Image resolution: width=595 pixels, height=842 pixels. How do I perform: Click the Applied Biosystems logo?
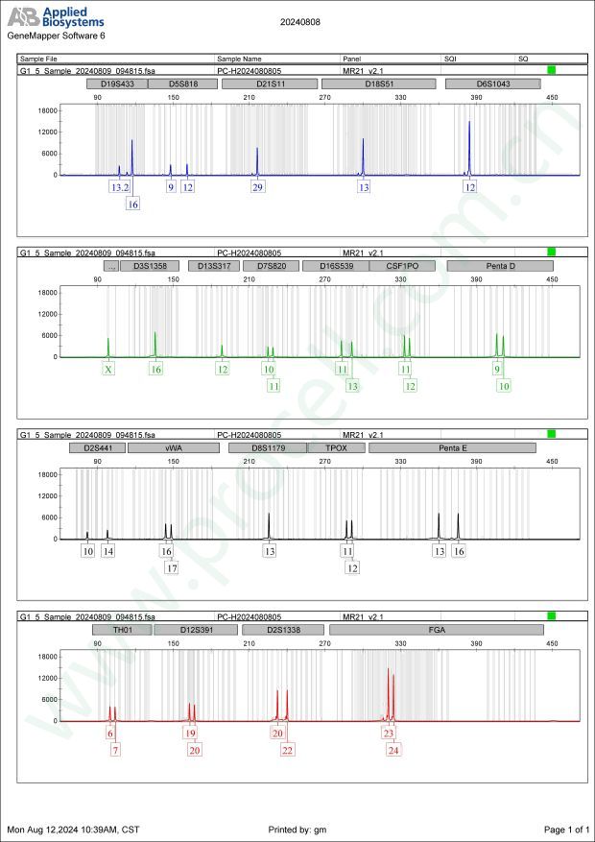(x=58, y=17)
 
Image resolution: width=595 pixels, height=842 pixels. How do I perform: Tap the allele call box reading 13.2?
(x=119, y=187)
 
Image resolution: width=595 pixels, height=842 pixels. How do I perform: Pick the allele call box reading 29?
(x=257, y=187)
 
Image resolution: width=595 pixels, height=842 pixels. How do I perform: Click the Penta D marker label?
(x=499, y=266)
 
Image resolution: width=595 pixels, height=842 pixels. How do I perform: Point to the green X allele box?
(x=108, y=369)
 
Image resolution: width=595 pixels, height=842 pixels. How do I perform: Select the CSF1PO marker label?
(x=401, y=266)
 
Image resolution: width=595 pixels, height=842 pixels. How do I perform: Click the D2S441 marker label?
(x=97, y=447)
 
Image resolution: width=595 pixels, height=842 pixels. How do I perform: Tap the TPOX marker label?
(x=336, y=447)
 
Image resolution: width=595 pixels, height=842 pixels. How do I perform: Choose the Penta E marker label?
(x=452, y=447)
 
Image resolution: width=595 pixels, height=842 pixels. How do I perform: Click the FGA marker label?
(x=436, y=630)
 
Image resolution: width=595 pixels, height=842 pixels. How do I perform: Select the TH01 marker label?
(x=121, y=630)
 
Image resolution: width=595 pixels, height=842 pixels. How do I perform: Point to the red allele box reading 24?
(x=393, y=750)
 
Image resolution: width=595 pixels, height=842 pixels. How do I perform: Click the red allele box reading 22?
(x=288, y=750)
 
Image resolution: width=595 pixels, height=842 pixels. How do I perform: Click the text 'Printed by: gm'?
(x=299, y=829)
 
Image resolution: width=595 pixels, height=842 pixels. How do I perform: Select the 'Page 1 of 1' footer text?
(x=565, y=829)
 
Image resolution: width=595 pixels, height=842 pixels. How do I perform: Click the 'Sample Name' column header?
(x=239, y=59)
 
